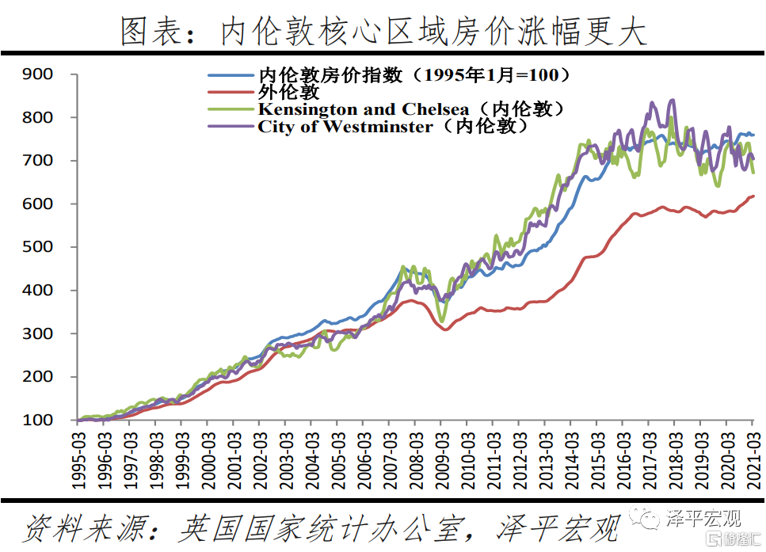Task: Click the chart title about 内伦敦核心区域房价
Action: (383, 31)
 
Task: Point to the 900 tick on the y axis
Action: (38, 74)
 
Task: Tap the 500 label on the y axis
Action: (38, 247)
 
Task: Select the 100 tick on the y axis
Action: (38, 420)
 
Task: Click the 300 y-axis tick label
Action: (38, 333)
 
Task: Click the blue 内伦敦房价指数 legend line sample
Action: (231, 76)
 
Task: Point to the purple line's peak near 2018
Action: (673, 100)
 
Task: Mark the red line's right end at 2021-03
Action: (753, 196)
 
